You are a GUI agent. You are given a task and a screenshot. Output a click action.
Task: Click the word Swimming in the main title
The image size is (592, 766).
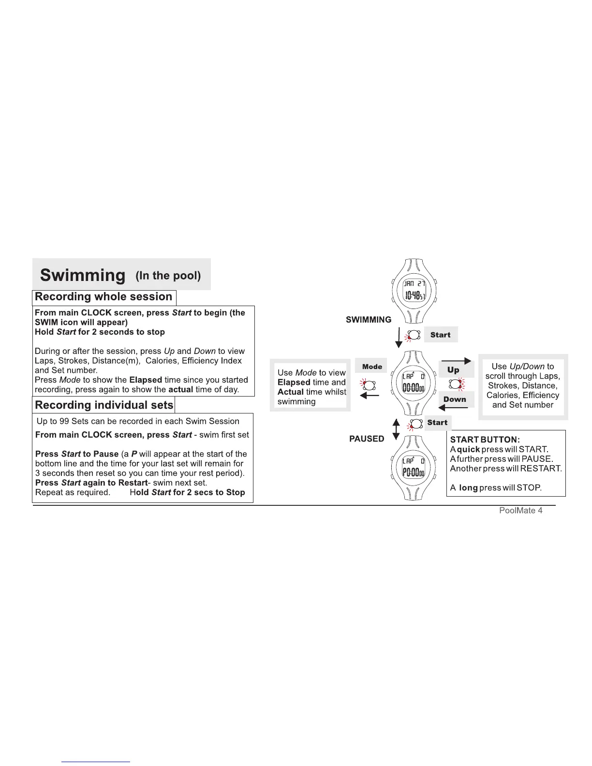[x=83, y=275]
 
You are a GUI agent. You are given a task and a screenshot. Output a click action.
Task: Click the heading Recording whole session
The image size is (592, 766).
[x=104, y=297]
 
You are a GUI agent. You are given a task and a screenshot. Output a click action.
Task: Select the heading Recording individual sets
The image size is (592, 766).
[x=104, y=405]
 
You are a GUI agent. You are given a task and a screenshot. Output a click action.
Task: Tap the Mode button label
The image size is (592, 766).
[x=372, y=367]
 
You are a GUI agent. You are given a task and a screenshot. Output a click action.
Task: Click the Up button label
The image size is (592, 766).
[x=453, y=370]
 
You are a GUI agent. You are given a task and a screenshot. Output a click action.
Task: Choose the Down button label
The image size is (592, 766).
[x=455, y=399]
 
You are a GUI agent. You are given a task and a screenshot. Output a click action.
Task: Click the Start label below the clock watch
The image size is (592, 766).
[x=440, y=335]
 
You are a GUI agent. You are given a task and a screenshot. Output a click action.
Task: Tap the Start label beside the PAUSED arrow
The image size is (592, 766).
[x=437, y=423]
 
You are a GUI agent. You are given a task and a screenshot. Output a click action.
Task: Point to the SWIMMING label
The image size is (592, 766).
[x=369, y=320]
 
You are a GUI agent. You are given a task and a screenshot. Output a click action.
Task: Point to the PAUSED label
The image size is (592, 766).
[x=367, y=439]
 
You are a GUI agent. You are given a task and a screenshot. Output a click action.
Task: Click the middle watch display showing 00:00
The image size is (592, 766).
[x=414, y=383]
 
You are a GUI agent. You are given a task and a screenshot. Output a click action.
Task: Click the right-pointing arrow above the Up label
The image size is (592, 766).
[x=457, y=361]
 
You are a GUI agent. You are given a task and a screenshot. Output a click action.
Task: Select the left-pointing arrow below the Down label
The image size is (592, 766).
[x=454, y=408]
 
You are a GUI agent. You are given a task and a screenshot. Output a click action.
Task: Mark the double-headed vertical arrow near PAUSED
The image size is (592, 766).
[x=396, y=429]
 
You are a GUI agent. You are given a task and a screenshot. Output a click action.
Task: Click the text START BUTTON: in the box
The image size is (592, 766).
[x=485, y=440]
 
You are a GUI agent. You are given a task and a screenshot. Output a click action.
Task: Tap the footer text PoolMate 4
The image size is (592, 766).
[x=520, y=511]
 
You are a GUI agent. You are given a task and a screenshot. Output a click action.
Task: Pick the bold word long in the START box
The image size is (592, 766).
[x=468, y=487]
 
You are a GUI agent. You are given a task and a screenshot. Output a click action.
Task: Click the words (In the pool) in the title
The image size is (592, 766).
[x=168, y=276]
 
